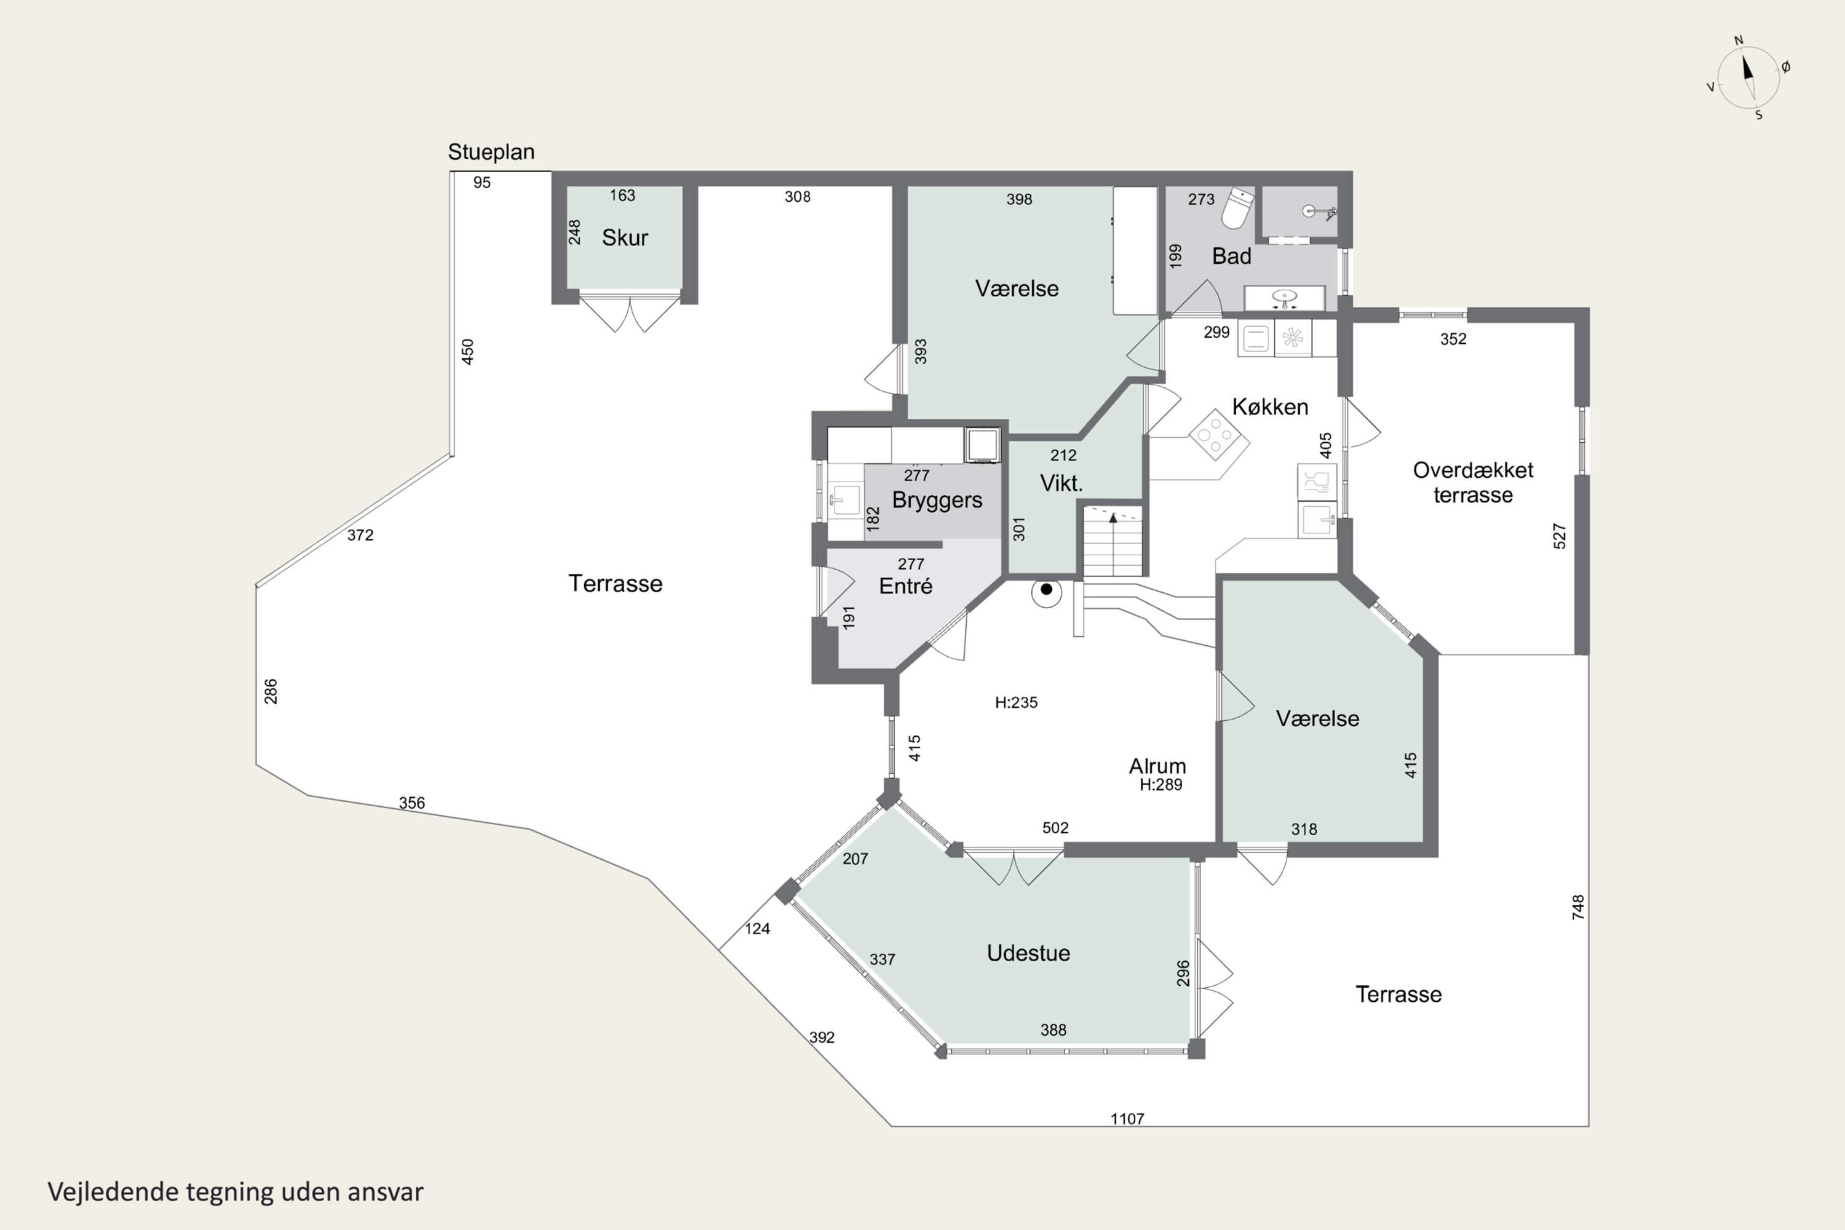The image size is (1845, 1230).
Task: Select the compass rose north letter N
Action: pos(1739,40)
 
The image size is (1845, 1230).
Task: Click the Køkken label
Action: pos(1270,407)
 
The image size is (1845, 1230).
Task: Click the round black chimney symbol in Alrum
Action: pos(1047,590)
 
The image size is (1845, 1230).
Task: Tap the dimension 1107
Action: pos(1127,1119)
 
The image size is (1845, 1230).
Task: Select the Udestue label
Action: pos(1028,953)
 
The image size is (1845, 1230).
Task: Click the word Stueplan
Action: pos(491,152)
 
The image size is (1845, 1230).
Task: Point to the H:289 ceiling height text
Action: pos(1161,785)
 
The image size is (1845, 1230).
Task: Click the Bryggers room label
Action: pos(937,501)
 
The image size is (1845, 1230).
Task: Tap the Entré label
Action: pos(906,586)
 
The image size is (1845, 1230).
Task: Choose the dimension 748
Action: pos(1578,907)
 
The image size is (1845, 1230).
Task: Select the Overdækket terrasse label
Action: pos(1473,482)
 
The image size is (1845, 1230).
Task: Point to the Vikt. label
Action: pos(1061,483)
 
